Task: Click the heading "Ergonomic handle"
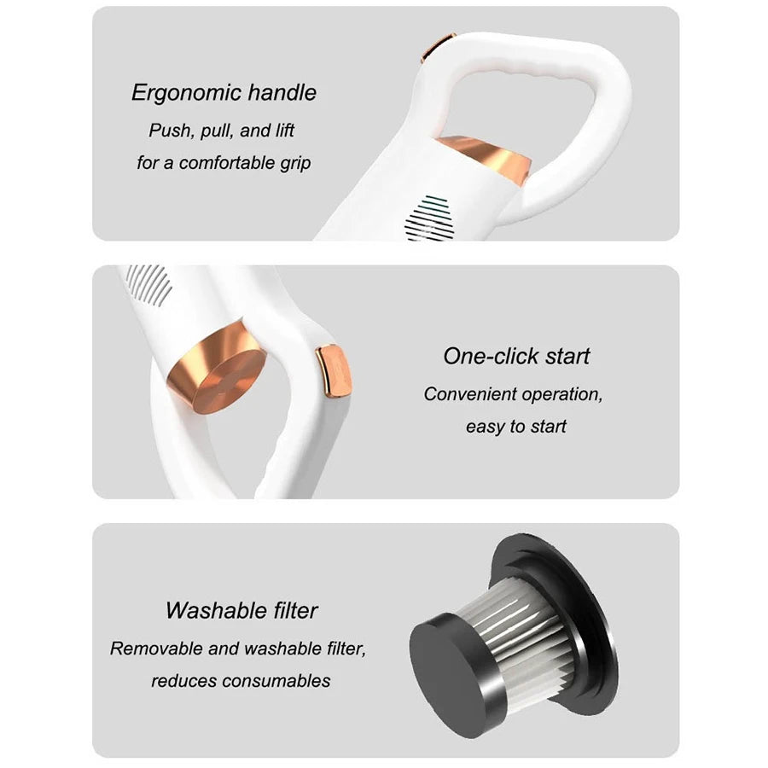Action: [224, 93]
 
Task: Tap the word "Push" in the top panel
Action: [169, 131]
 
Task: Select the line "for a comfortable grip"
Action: [224, 163]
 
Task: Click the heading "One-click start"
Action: [516, 356]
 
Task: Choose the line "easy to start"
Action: [515, 427]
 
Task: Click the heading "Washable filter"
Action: [241, 610]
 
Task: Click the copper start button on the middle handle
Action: [333, 372]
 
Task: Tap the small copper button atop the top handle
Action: [438, 48]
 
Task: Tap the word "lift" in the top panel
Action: [284, 131]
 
